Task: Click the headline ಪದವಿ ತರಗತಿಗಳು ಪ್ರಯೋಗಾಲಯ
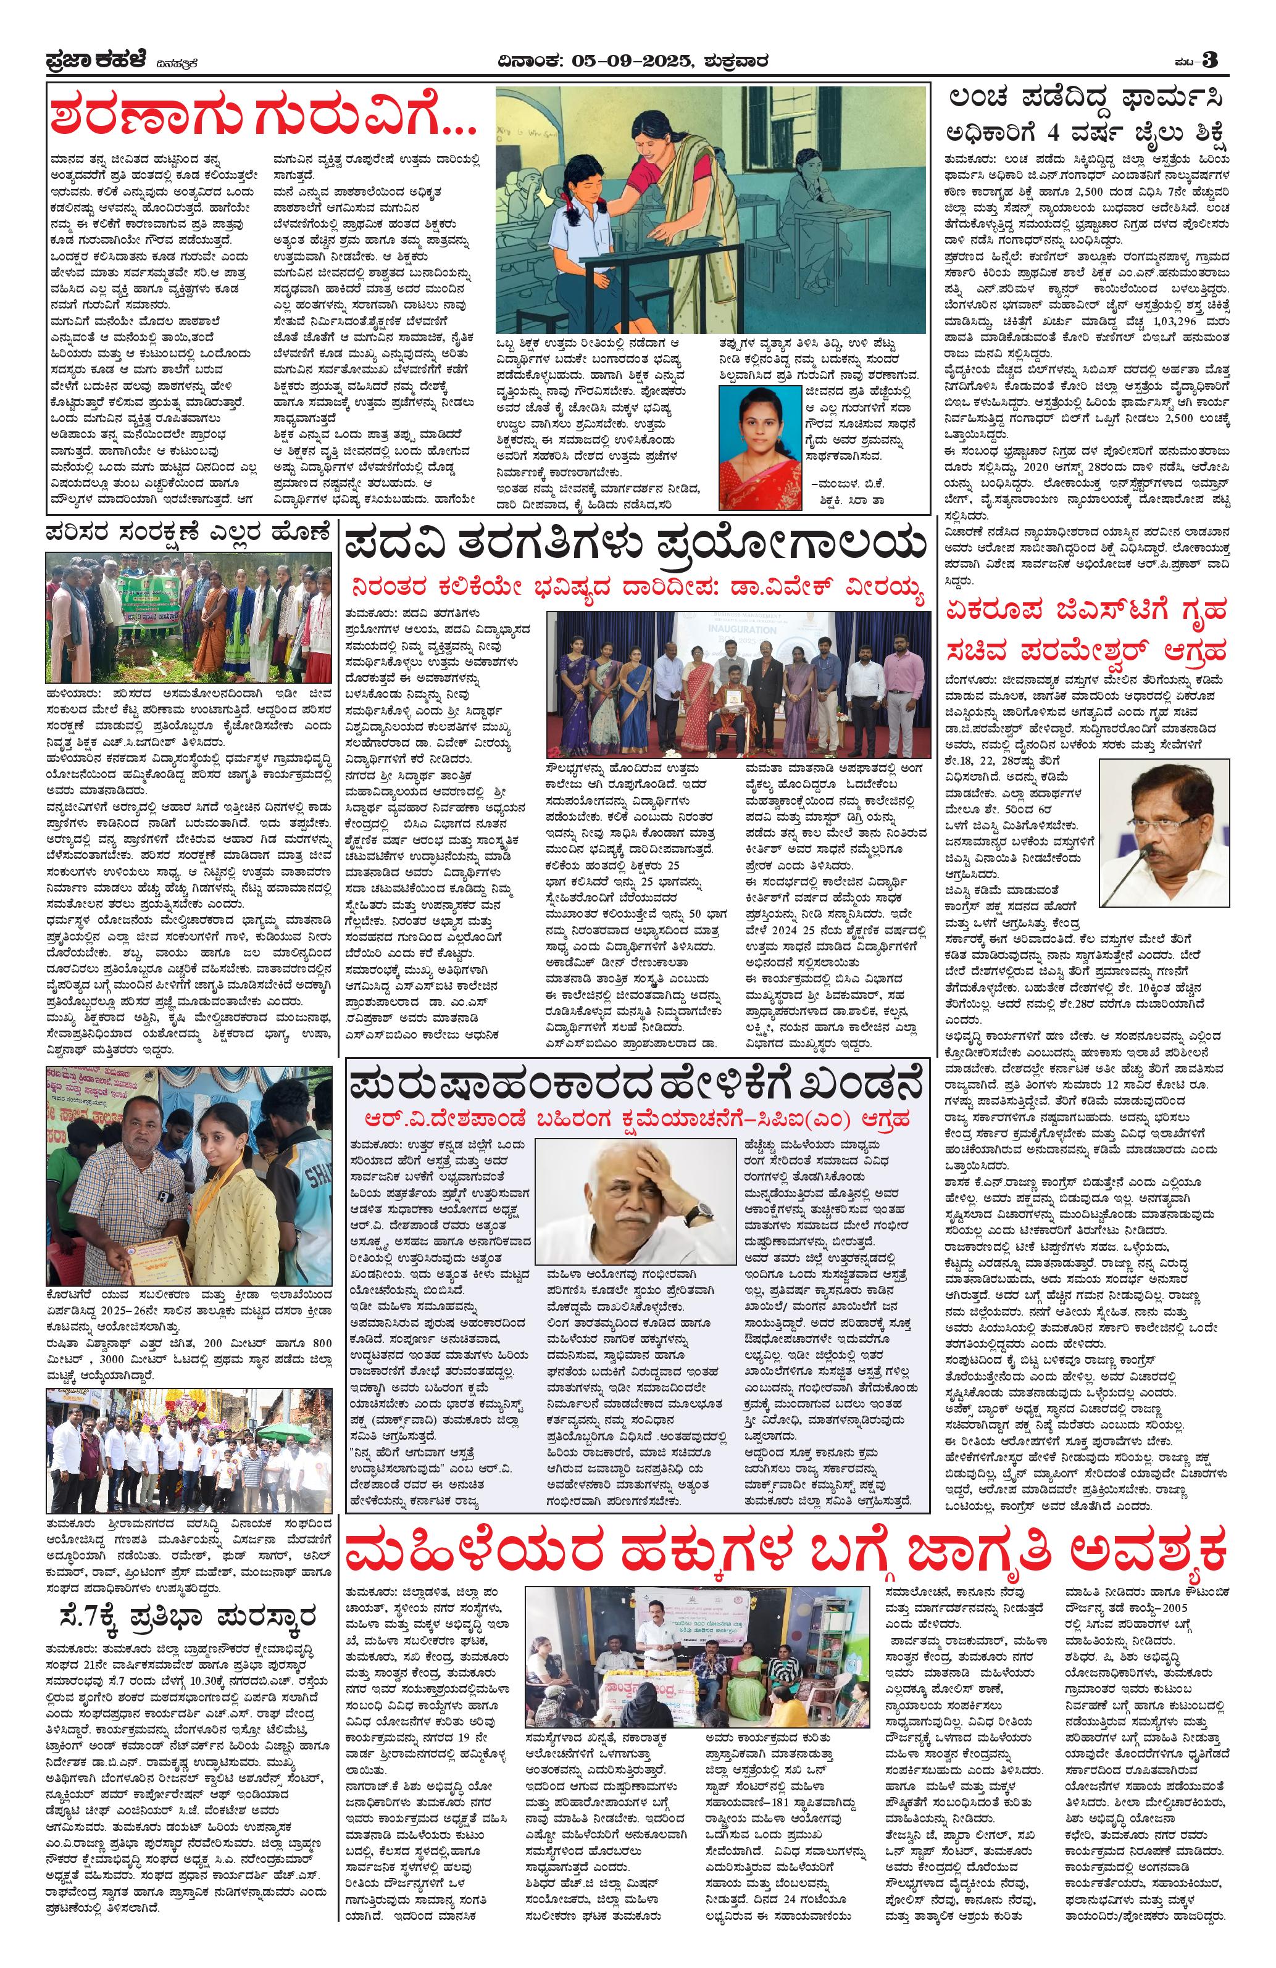pos(635,545)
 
